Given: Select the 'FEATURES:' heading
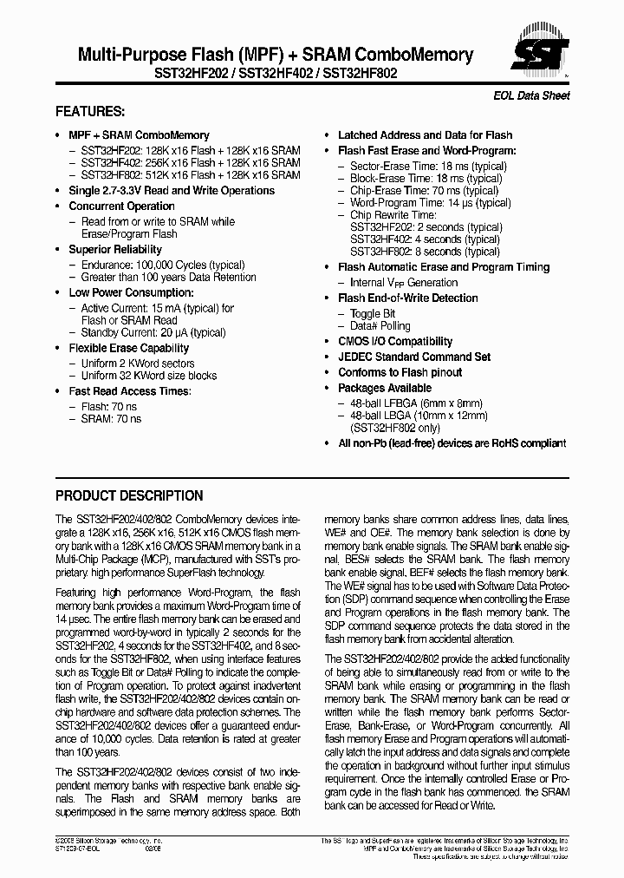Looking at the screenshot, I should click(90, 112).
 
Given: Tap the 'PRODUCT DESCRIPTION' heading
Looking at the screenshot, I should click(129, 496).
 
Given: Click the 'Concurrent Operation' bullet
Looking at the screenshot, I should click(121, 206).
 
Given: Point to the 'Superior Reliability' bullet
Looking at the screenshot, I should click(115, 250).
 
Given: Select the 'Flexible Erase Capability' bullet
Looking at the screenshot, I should click(128, 348).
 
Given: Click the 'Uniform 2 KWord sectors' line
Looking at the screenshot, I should click(137, 364).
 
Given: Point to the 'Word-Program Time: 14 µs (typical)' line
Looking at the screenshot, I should click(430, 203).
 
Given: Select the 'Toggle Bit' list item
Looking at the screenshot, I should click(373, 313).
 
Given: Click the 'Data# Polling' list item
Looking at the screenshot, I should click(380, 326).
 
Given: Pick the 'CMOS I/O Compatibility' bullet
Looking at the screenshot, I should click(395, 342).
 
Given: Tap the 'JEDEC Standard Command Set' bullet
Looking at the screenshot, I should click(413, 357).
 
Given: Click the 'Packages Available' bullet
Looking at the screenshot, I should click(384, 388).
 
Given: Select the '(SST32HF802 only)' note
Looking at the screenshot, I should click(393, 428).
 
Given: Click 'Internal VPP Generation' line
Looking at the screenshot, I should click(403, 283).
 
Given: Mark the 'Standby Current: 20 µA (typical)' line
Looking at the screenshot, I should click(153, 332).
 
